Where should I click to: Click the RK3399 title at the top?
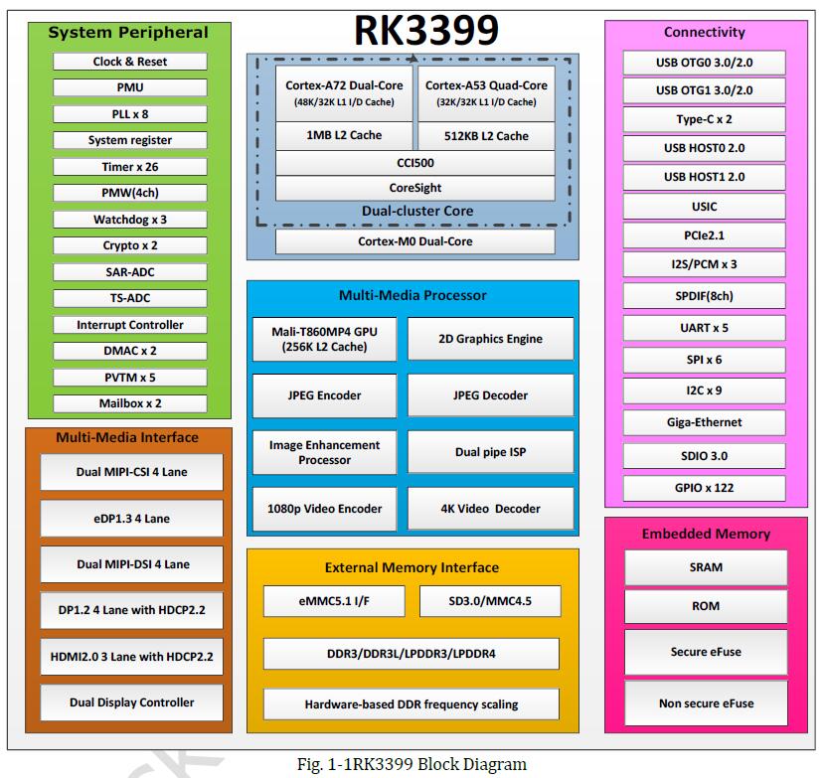(x=426, y=31)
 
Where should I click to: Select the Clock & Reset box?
(x=130, y=62)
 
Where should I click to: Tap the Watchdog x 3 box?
(x=130, y=220)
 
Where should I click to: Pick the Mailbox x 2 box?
(x=130, y=403)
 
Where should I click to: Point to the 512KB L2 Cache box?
(x=486, y=136)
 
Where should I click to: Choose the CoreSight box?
(x=415, y=188)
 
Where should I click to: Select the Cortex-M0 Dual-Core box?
(x=415, y=241)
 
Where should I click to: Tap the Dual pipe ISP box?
(x=490, y=452)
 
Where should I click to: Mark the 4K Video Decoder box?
(x=490, y=509)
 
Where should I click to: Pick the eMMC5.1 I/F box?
(x=334, y=601)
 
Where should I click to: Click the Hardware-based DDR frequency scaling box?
(x=412, y=704)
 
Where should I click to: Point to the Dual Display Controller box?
(x=132, y=702)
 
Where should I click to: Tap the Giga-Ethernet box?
(x=704, y=422)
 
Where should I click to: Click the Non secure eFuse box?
(x=706, y=703)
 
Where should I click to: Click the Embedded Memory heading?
(x=706, y=534)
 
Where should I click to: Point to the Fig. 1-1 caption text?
(x=412, y=764)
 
